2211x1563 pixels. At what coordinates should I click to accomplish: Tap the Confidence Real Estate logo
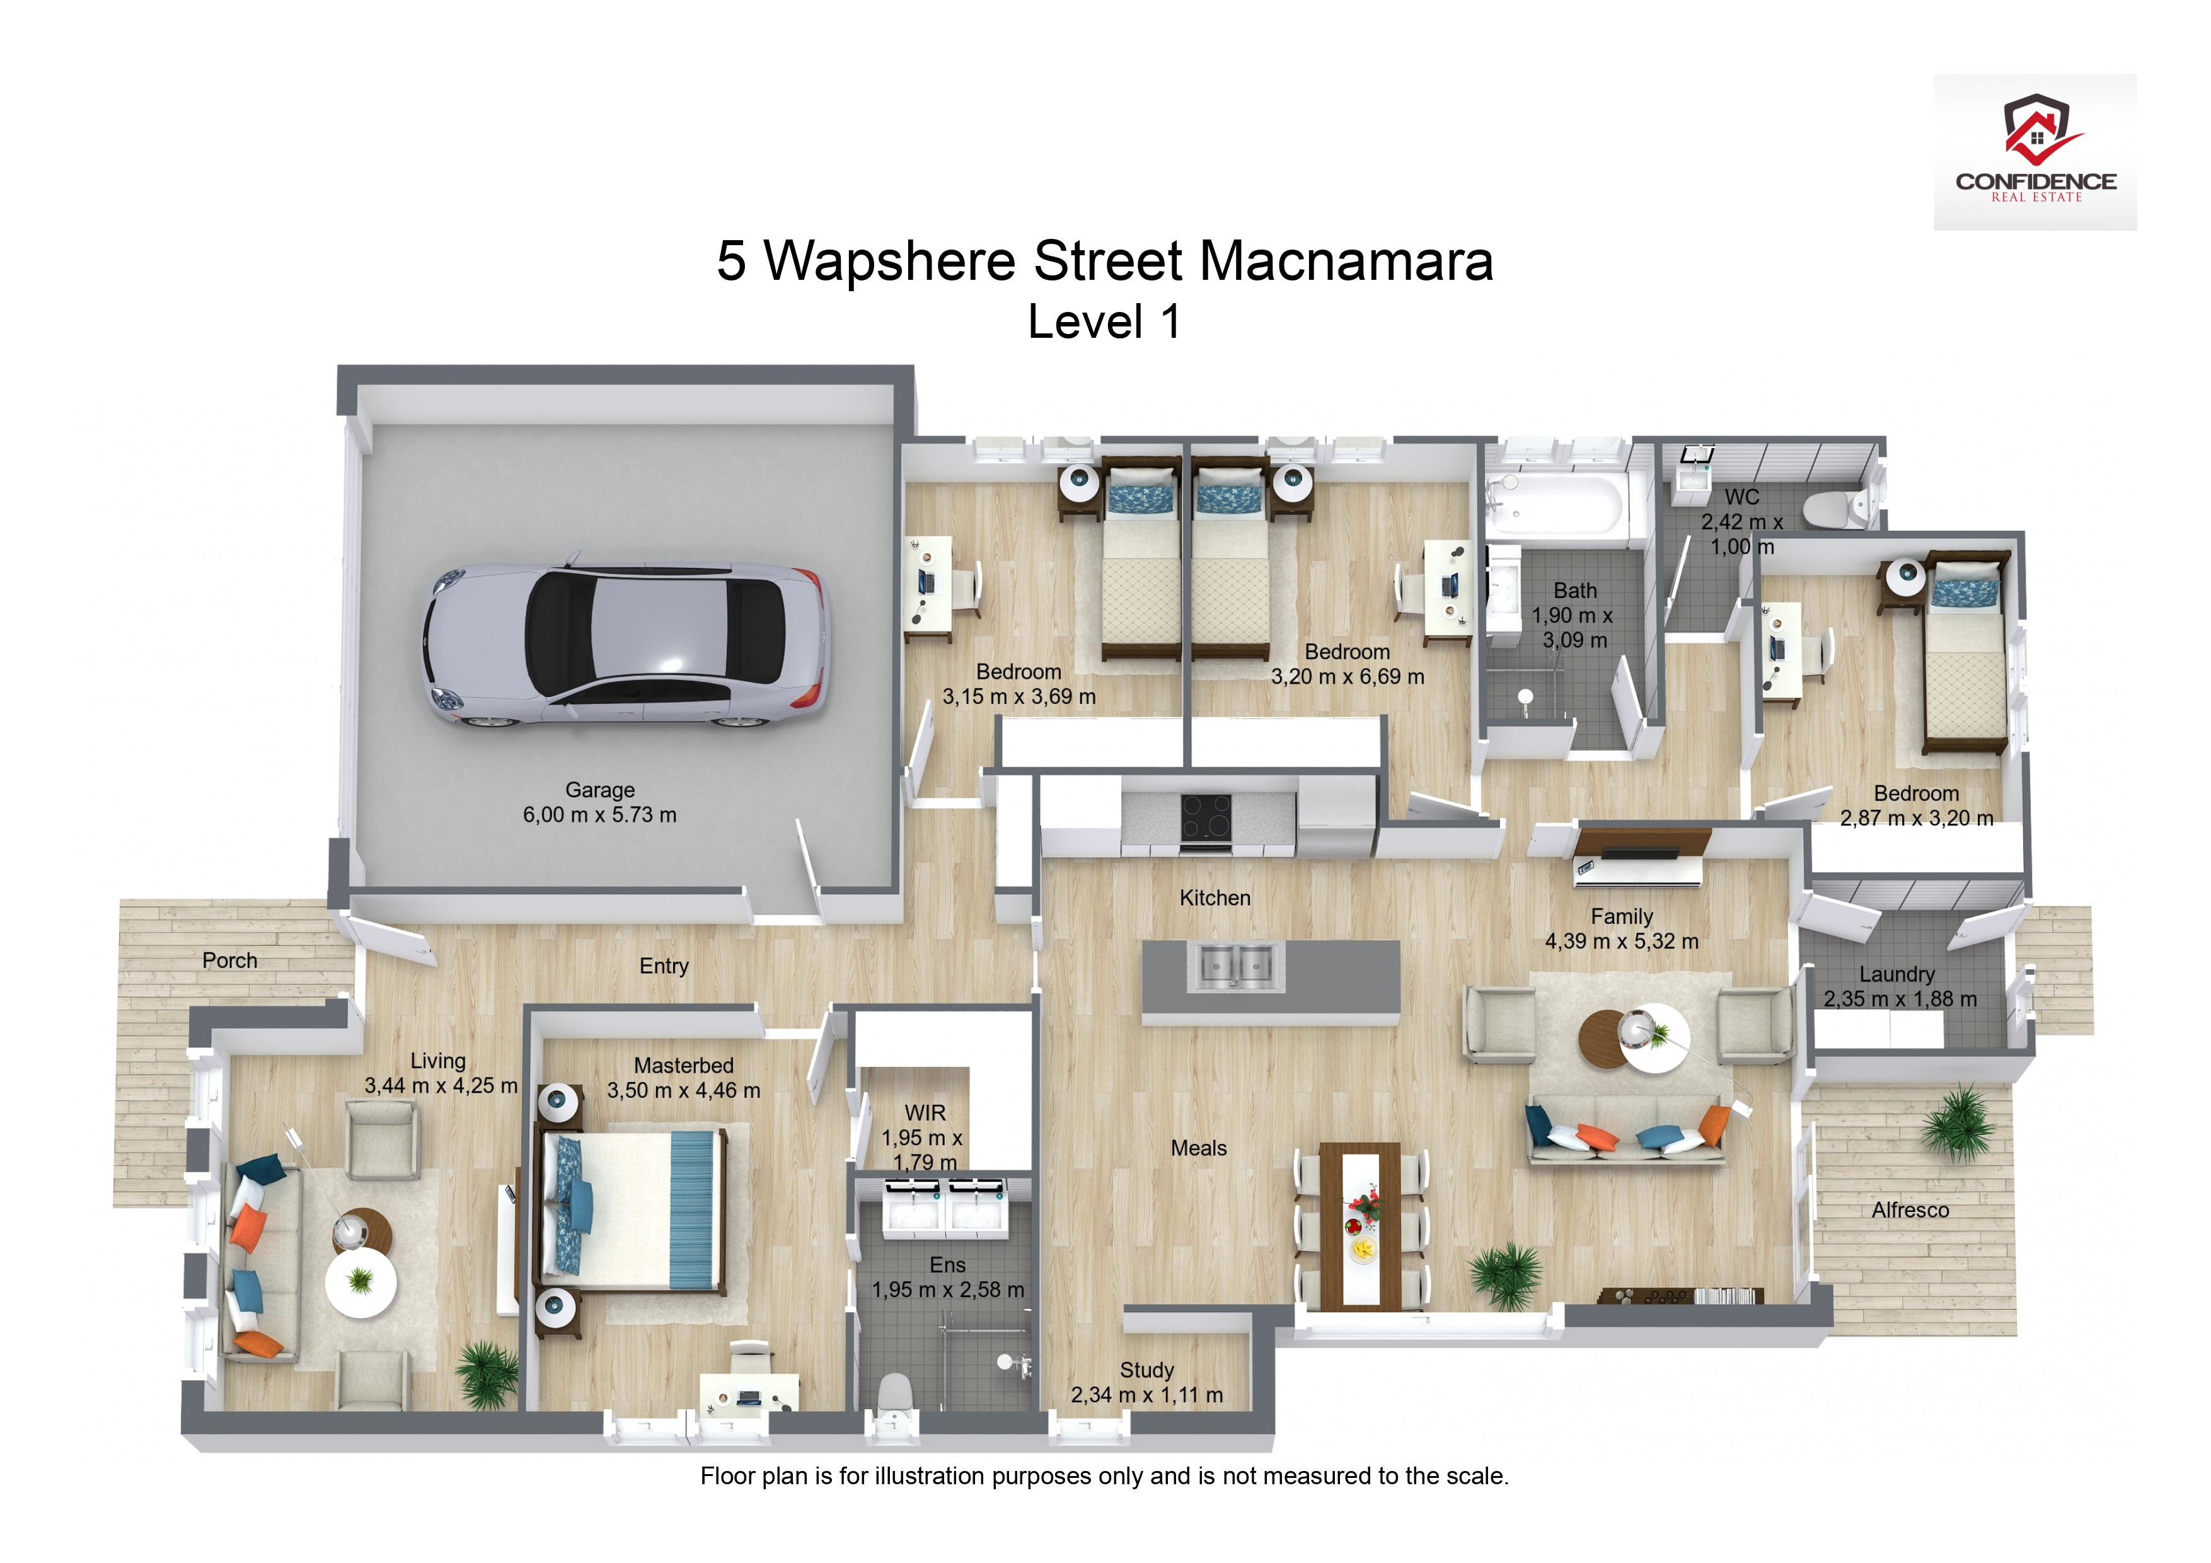(2035, 151)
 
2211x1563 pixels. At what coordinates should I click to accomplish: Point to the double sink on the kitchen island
(1235, 966)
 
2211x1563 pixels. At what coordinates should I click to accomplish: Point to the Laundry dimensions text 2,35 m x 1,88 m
(1900, 1000)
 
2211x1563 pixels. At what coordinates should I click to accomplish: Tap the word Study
(1147, 1370)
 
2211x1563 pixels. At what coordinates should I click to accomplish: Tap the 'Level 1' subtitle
(1104, 321)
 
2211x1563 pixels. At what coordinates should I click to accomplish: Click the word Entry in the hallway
(664, 966)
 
